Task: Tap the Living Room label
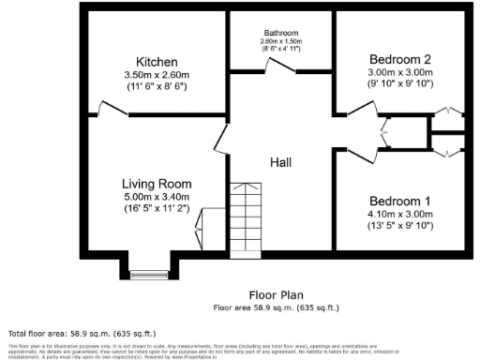tap(157, 184)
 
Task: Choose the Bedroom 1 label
tap(400, 201)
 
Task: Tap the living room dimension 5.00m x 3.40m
tap(157, 197)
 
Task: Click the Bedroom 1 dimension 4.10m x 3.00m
tap(400, 214)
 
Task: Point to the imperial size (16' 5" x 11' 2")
tap(157, 209)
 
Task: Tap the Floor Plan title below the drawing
tap(275, 294)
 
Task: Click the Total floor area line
tap(82, 333)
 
